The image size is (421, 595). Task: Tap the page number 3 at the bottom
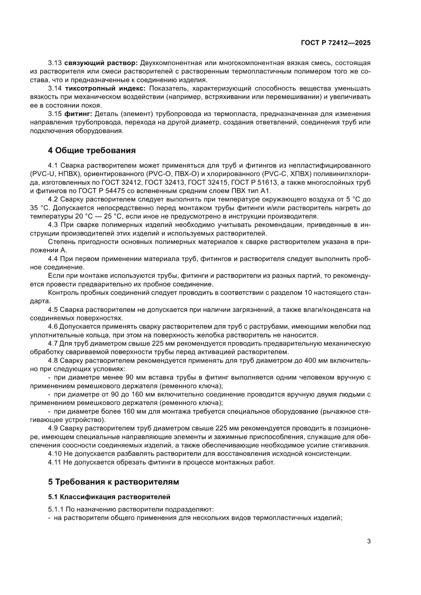pyautogui.click(x=369, y=541)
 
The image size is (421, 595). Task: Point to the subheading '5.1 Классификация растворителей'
pyautogui.click(x=109, y=496)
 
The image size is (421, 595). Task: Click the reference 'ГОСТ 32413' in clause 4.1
pyautogui.click(x=182, y=182)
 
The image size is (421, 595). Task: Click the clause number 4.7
pyautogui.click(x=53, y=344)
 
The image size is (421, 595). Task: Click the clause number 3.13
pyautogui.click(x=55, y=63)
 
